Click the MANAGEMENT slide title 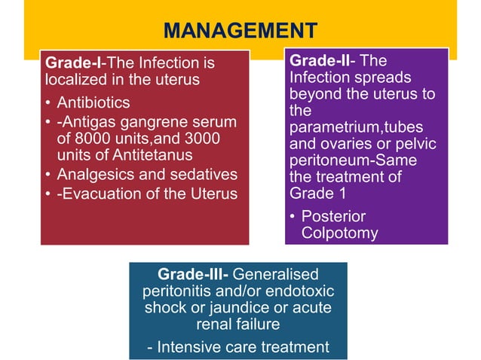(x=240, y=31)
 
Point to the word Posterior (x=332, y=216)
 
